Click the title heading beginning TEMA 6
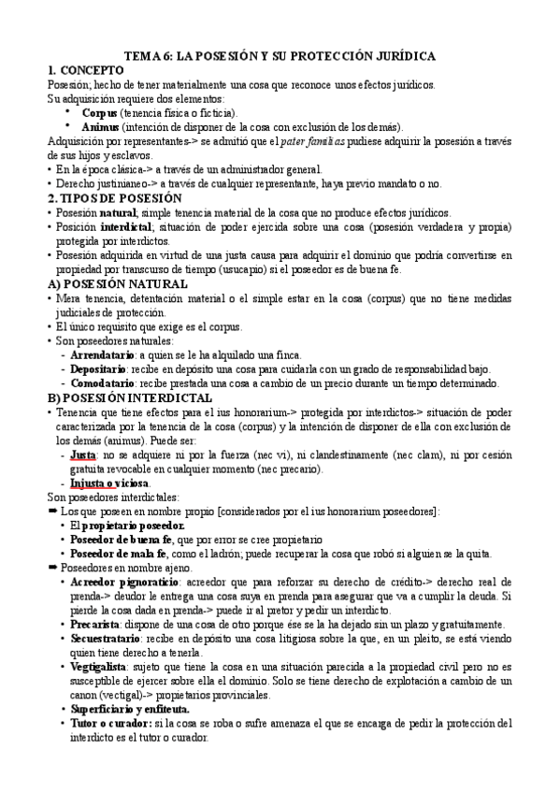tap(280, 56)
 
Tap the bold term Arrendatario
tap(100, 355)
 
